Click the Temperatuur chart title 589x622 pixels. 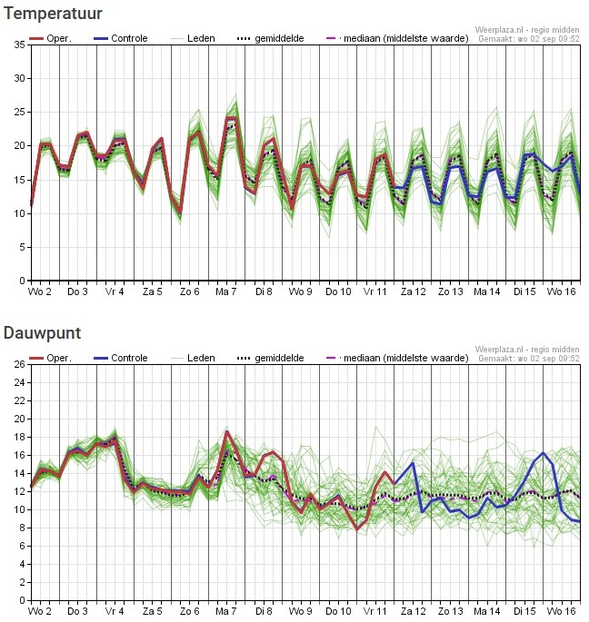pyautogui.click(x=53, y=14)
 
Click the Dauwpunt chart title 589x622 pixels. pyautogui.click(x=42, y=333)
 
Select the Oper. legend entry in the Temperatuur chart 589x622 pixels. pyautogui.click(x=50, y=38)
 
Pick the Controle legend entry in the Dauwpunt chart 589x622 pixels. pyautogui.click(x=120, y=358)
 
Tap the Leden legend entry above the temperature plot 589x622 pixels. pyautogui.click(x=193, y=38)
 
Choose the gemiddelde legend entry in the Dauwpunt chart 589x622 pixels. pyautogui.click(x=271, y=359)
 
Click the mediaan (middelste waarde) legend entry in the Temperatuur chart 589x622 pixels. pyautogui.click(x=397, y=38)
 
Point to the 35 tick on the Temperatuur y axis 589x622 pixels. pyautogui.click(x=20, y=44)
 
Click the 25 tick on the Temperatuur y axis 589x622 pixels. pyautogui.click(x=20, y=113)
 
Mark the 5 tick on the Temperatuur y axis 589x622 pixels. pyautogui.click(x=22, y=247)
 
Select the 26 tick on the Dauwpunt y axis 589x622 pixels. pyautogui.click(x=20, y=364)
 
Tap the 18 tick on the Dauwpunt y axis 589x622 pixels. pyautogui.click(x=20, y=437)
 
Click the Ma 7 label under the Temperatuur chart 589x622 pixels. pyautogui.click(x=226, y=292)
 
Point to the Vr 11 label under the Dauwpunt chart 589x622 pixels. pyautogui.click(x=374, y=611)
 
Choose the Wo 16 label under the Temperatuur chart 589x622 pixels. pyautogui.click(x=561, y=292)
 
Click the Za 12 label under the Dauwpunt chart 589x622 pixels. pyautogui.click(x=413, y=611)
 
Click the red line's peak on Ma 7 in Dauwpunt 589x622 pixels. pyautogui.click(x=226, y=431)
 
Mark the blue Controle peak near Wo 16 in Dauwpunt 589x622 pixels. pyautogui.click(x=543, y=452)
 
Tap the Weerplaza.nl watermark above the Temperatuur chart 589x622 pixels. pyautogui.click(x=527, y=30)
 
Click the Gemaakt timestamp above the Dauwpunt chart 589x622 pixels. pyautogui.click(x=529, y=359)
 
